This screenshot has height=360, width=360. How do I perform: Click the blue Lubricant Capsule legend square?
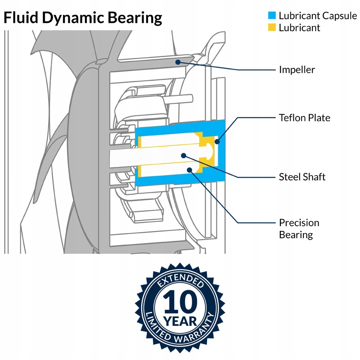click(x=272, y=15)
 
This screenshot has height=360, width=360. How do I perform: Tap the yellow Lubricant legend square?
click(x=272, y=27)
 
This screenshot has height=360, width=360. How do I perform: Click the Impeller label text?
click(x=297, y=70)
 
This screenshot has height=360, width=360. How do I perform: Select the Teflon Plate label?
click(x=305, y=118)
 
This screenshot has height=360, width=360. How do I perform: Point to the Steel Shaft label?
click(x=302, y=177)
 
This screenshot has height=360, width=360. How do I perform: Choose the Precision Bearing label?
click(x=299, y=229)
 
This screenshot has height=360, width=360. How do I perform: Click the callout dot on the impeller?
click(x=178, y=62)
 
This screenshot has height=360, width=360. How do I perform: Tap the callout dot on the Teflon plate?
click(x=217, y=142)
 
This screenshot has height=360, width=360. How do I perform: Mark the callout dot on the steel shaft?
click(x=184, y=156)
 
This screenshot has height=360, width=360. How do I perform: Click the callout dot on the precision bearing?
click(x=189, y=170)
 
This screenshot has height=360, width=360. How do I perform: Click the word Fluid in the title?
click(x=21, y=18)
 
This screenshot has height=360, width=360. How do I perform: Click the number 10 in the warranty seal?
click(x=180, y=301)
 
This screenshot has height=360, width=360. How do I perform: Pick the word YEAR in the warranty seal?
click(x=180, y=321)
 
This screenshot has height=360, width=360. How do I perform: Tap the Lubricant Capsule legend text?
click(x=318, y=16)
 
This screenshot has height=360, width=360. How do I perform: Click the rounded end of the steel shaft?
click(x=211, y=152)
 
